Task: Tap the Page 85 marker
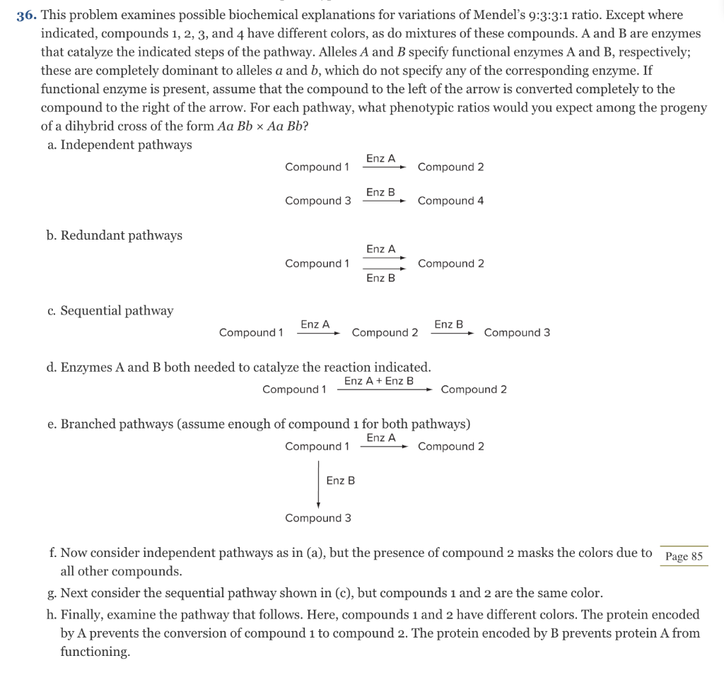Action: pos(684,556)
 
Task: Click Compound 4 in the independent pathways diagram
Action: pos(450,201)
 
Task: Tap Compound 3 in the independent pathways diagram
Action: pos(317,201)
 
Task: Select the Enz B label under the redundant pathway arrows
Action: pos(380,278)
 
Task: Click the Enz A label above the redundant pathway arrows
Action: pos(380,249)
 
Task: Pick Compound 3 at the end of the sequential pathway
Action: pos(517,332)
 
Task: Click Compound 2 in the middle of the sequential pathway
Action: pos(385,332)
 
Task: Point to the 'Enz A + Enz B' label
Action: pos(379,381)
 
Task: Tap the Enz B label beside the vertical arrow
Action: pos(340,481)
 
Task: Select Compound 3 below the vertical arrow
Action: pos(317,518)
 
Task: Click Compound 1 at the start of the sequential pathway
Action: pos(251,332)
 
